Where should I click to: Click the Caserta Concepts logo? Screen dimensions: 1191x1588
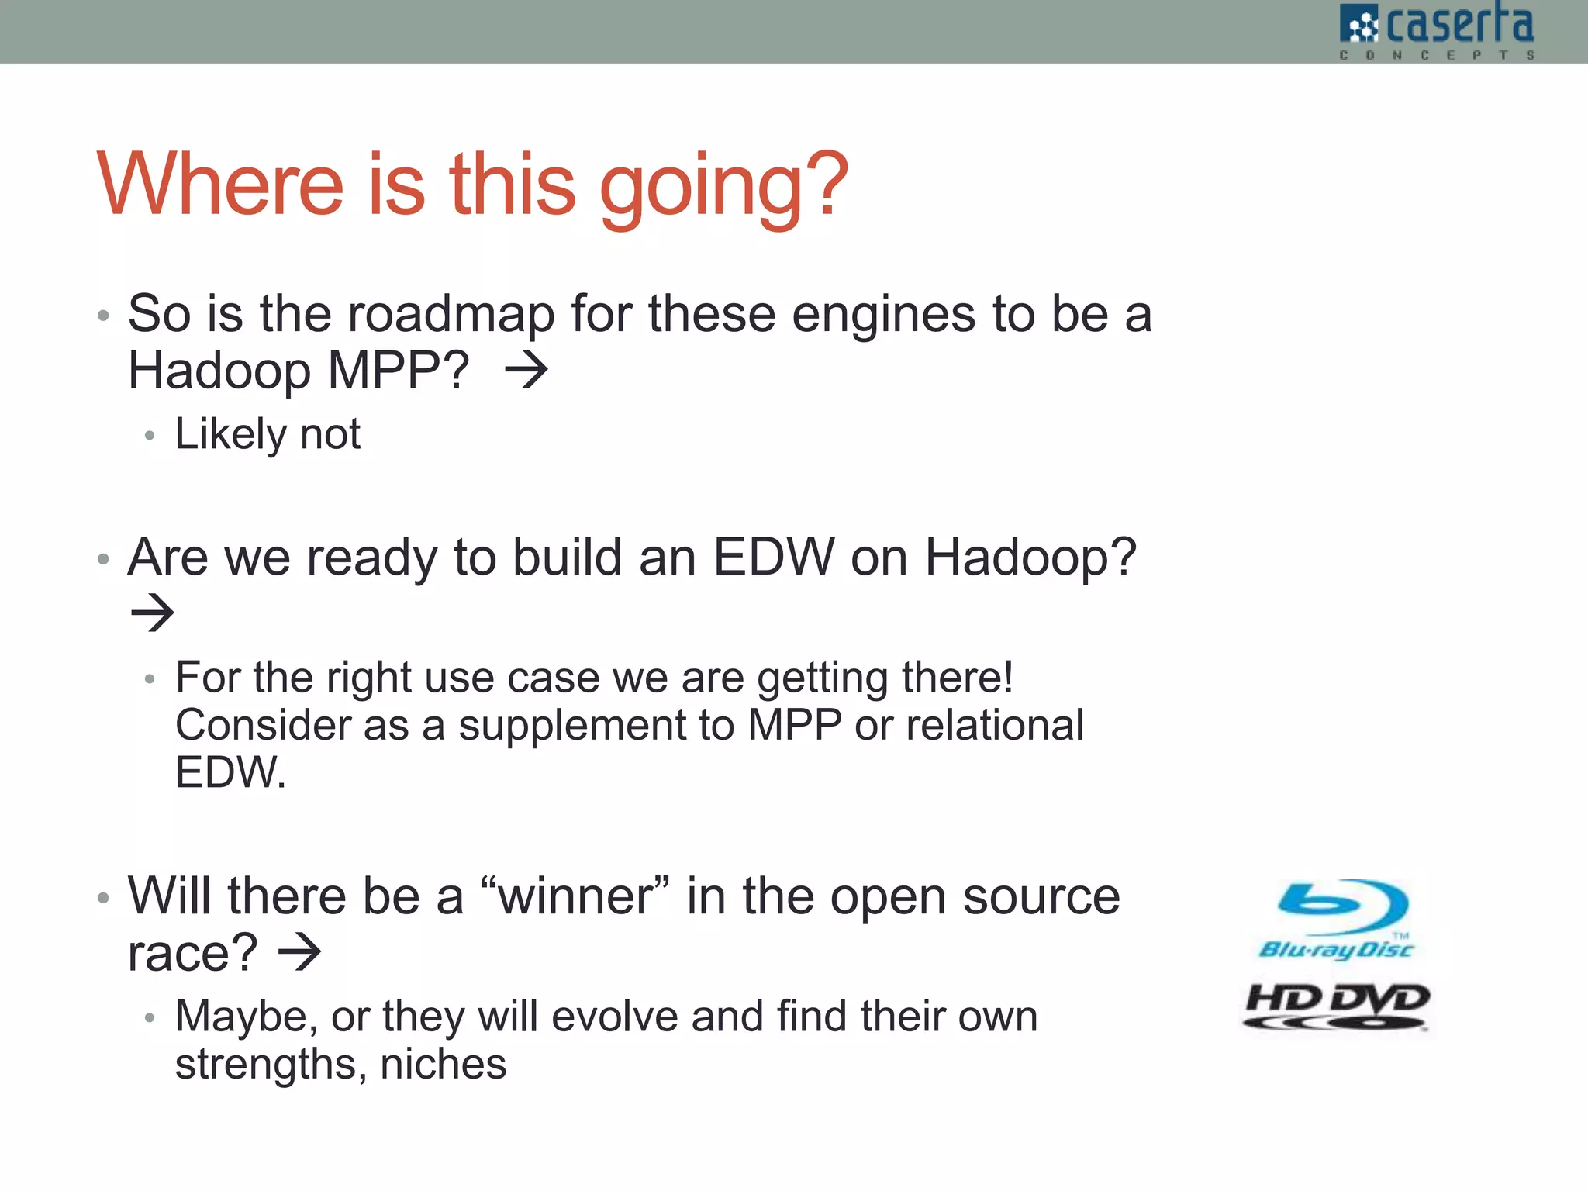pos(1436,31)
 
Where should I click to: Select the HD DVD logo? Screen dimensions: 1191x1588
pos(1337,1006)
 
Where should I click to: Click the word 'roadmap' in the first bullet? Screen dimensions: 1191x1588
pos(451,315)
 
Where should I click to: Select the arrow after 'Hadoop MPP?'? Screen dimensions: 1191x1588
pos(526,371)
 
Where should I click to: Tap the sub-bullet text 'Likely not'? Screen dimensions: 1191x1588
pos(268,434)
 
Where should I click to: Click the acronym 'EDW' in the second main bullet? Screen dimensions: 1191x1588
pos(773,558)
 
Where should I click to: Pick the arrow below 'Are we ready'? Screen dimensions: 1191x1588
pos(153,613)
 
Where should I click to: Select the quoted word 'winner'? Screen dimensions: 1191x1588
pos(575,897)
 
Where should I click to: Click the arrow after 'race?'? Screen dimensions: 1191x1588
pos(299,953)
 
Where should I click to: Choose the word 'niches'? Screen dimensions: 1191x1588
pos(443,1065)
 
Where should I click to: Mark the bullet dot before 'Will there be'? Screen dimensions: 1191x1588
pos(103,899)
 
